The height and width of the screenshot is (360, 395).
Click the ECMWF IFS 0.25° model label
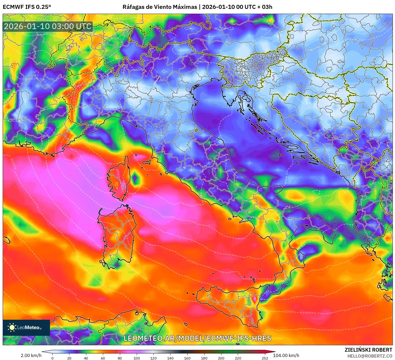click(27, 7)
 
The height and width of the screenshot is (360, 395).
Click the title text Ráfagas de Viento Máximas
click(160, 7)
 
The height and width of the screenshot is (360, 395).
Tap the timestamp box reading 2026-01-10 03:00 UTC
click(48, 26)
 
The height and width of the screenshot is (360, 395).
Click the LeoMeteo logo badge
click(26, 327)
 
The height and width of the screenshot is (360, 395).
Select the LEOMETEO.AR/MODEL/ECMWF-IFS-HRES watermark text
click(197, 338)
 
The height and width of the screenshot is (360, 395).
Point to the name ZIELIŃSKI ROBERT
click(368, 350)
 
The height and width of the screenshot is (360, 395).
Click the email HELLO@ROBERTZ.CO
click(370, 356)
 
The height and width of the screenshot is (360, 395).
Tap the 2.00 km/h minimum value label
click(31, 355)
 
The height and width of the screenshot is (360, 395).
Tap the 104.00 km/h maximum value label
click(286, 355)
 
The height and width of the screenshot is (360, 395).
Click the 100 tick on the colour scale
click(137, 358)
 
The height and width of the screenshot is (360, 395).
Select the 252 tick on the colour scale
click(265, 358)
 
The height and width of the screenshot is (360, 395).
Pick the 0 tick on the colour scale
click(52, 358)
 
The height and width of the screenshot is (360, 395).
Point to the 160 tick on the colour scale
click(187, 358)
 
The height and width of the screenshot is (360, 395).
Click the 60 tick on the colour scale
click(103, 358)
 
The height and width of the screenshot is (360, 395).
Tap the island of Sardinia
click(117, 234)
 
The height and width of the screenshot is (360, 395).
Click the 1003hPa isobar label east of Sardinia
click(169, 217)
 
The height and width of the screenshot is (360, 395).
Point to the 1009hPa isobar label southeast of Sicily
click(289, 312)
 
